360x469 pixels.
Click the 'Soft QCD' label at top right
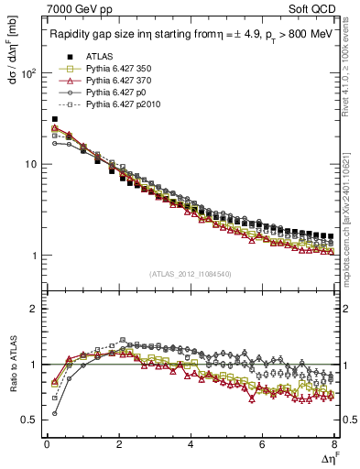pyautogui.click(x=317, y=10)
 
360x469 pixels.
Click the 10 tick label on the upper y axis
pyautogui.click(x=33, y=164)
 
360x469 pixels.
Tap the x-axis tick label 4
pyautogui.click(x=191, y=444)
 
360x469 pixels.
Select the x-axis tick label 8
pyautogui.click(x=334, y=444)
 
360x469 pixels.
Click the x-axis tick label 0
pyautogui.click(x=47, y=444)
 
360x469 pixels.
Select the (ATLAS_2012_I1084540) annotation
pyautogui.click(x=190, y=274)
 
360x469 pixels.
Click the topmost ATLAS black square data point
pyautogui.click(x=54, y=119)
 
